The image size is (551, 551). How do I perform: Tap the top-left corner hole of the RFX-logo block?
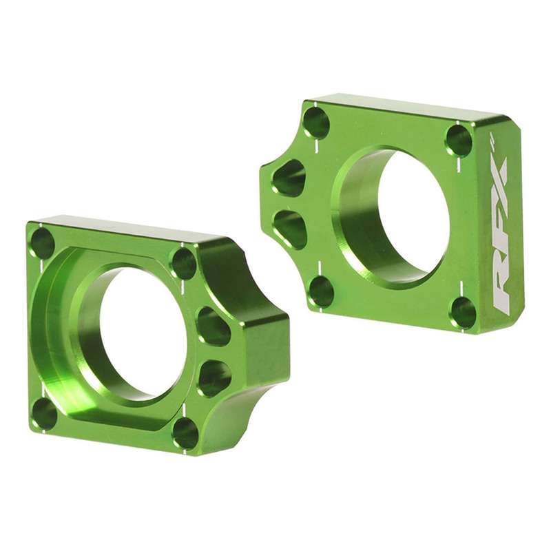[x=316, y=123]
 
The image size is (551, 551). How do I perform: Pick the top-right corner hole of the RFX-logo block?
[x=459, y=141]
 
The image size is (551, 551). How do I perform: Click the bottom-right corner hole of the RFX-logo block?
[x=463, y=313]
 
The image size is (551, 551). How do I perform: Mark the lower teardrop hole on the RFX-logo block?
[x=292, y=228]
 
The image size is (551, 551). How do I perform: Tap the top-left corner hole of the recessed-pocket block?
[x=43, y=243]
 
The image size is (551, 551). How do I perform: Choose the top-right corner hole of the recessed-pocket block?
[x=183, y=264]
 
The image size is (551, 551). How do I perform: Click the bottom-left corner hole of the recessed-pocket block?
[x=44, y=413]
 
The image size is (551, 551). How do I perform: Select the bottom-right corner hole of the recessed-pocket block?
[x=185, y=432]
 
